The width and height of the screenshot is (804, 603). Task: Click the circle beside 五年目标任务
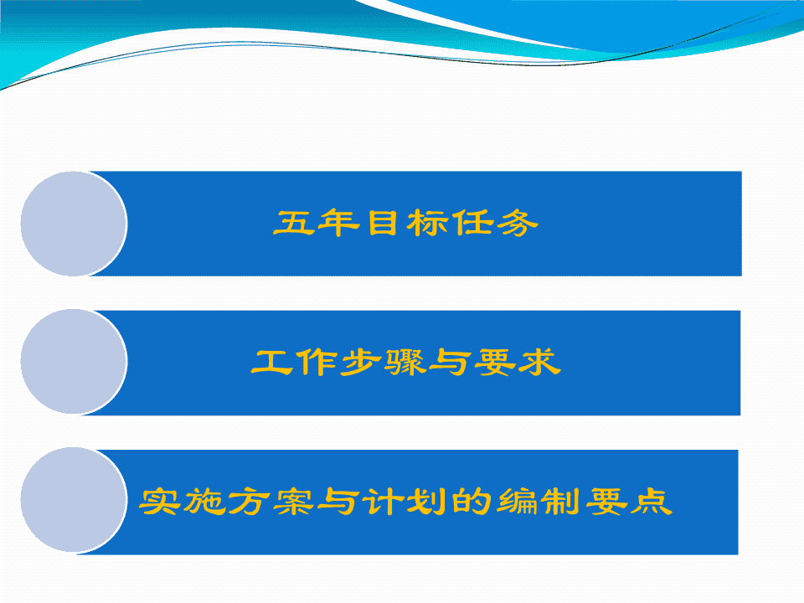[74, 224]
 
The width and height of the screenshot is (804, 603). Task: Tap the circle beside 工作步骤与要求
[74, 362]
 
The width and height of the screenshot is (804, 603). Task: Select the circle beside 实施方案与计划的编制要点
[74, 500]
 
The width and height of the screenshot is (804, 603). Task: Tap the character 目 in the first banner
[383, 223]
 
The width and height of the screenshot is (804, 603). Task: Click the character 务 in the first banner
[518, 223]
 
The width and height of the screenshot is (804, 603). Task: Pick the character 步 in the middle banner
[361, 362]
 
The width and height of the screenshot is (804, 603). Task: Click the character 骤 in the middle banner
[406, 362]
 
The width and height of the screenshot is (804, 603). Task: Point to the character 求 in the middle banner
[540, 362]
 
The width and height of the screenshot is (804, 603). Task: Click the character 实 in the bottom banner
[159, 501]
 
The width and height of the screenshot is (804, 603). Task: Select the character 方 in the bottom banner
[250, 501]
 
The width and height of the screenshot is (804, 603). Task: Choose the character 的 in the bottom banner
[472, 501]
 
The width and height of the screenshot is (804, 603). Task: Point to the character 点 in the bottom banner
[652, 501]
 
